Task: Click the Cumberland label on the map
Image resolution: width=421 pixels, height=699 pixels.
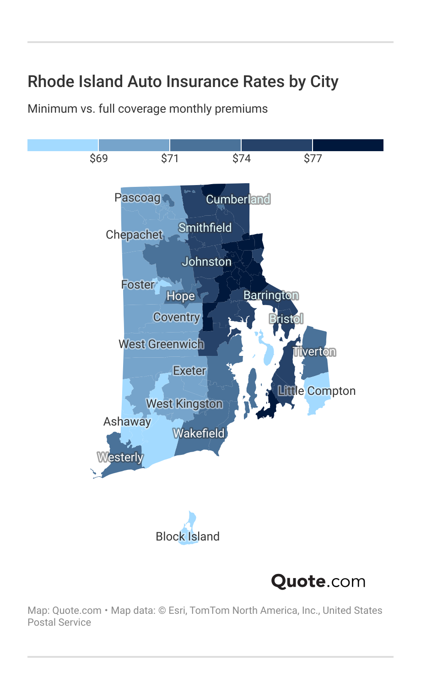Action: pos(238,199)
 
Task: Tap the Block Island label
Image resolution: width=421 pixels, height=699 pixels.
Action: pos(188,536)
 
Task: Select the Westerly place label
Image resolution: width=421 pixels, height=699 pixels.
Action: pos(120,457)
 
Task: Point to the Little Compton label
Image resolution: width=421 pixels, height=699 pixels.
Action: pos(317,391)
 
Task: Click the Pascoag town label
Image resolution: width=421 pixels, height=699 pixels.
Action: pos(138,197)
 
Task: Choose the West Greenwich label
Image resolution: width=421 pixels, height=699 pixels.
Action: pos(161,344)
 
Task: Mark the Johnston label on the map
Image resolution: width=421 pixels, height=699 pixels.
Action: pos(206,262)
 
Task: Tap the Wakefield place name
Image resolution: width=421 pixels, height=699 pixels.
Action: pos(199,433)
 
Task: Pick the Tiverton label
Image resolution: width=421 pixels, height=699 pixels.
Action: pos(314,352)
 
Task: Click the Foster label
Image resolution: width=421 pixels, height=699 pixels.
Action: pos(138,284)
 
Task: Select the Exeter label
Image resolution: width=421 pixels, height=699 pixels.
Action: pos(189,371)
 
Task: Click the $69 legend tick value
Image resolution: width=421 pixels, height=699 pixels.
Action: pos(99,158)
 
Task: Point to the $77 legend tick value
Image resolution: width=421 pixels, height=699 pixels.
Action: pos(313,158)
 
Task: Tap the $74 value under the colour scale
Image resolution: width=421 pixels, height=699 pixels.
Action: pos(242,158)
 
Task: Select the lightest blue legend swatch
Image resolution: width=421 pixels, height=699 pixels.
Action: pos(63,145)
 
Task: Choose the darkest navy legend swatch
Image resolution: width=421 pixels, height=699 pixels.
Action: pos(348,145)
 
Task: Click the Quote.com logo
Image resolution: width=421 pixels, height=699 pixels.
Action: pos(318,581)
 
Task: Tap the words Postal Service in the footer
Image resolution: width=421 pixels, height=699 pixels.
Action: pos(59,623)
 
